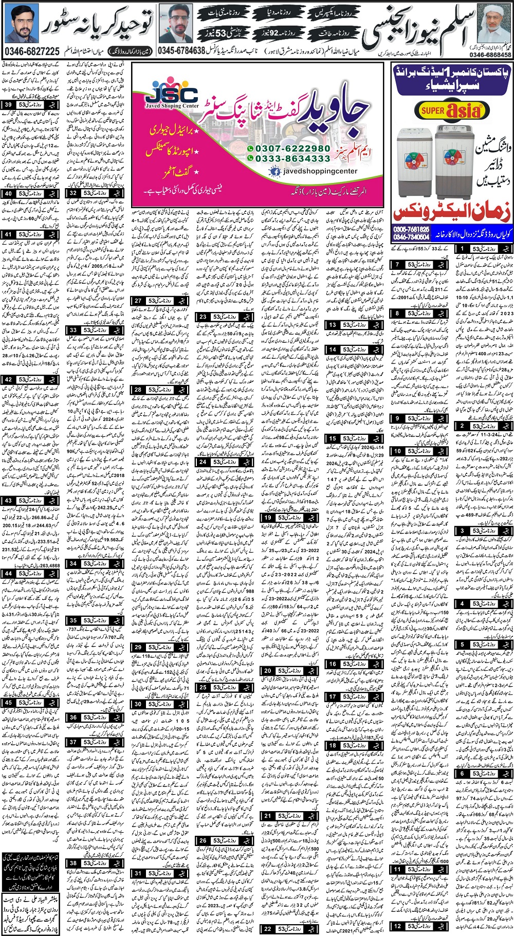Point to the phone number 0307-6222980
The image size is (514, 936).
click(291, 149)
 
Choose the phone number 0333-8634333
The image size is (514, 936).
click(291, 159)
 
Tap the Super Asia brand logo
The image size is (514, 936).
click(451, 110)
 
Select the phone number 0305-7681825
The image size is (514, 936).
click(411, 229)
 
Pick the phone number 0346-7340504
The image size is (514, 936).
click(411, 237)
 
